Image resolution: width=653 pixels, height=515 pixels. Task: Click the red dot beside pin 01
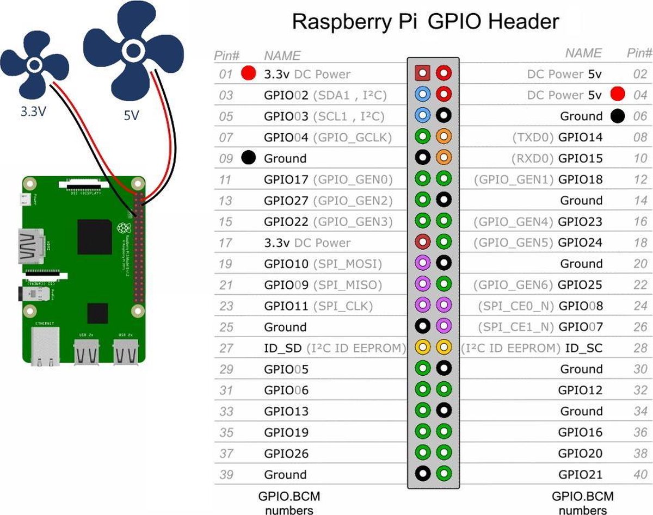(249, 73)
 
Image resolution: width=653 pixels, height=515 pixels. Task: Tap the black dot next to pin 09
(249, 158)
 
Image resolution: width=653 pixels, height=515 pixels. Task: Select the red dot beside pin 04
(617, 94)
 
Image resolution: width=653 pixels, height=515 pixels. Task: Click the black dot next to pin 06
(617, 115)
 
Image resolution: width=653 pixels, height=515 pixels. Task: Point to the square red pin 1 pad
(423, 73)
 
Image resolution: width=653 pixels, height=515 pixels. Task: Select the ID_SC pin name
(584, 348)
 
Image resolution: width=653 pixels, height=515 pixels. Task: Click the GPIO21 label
(580, 474)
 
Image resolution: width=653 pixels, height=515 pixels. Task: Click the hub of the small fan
(34, 64)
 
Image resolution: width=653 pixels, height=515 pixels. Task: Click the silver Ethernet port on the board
(45, 346)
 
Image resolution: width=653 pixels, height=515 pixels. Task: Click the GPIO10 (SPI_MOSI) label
(323, 264)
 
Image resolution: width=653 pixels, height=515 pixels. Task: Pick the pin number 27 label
(226, 348)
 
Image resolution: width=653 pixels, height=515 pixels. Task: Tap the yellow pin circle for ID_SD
(423, 347)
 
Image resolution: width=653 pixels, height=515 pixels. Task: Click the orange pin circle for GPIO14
(444, 136)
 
